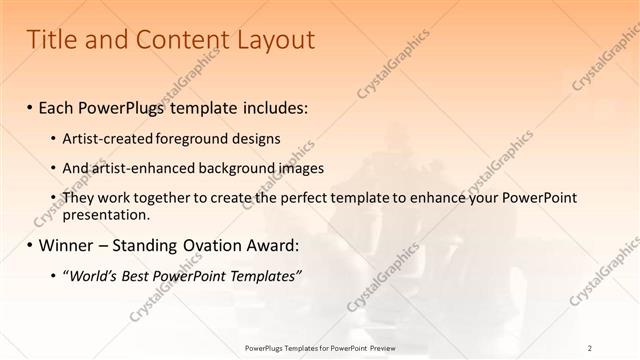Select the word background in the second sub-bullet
(230, 168)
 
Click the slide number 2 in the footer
(590, 347)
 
